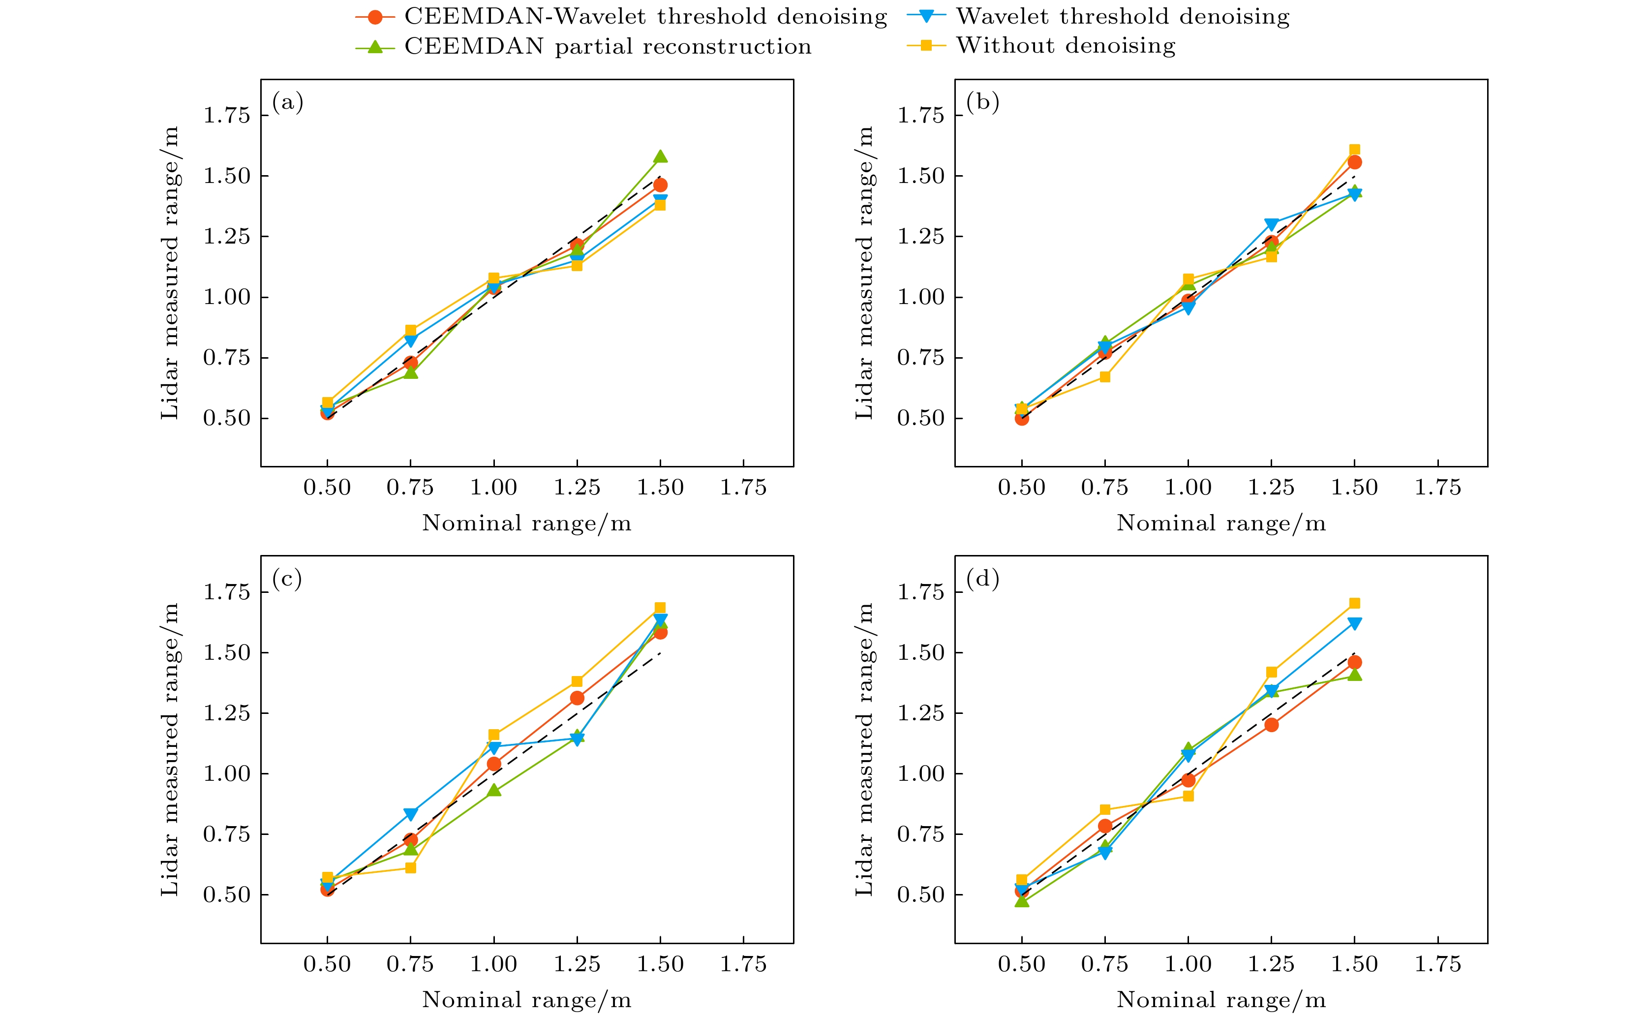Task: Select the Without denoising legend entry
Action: click(1066, 46)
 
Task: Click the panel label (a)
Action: click(287, 102)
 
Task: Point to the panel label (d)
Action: click(982, 579)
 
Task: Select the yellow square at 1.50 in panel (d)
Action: click(1354, 603)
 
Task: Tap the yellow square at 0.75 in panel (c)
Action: click(410, 868)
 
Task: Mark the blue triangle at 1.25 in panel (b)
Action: click(1271, 224)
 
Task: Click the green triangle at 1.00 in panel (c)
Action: click(493, 790)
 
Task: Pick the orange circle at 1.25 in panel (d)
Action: click(1271, 724)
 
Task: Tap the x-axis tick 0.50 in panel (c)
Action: click(327, 964)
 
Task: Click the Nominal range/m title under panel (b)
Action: click(1221, 524)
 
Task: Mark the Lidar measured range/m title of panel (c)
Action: click(169, 749)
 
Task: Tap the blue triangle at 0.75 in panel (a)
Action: click(410, 340)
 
